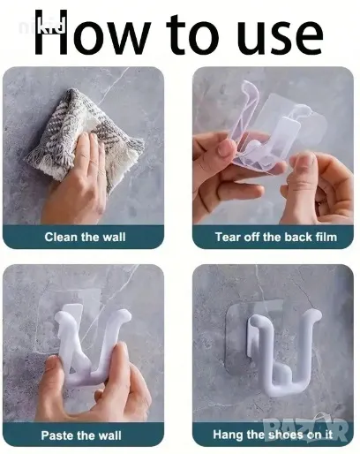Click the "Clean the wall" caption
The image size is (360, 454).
click(85, 237)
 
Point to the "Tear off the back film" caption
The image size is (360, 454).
click(276, 237)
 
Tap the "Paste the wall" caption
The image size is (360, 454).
click(81, 435)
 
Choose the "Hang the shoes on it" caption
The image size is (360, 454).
click(273, 435)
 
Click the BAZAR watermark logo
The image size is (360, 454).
click(306, 429)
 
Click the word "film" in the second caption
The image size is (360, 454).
click(326, 237)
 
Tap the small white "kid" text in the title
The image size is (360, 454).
click(52, 26)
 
